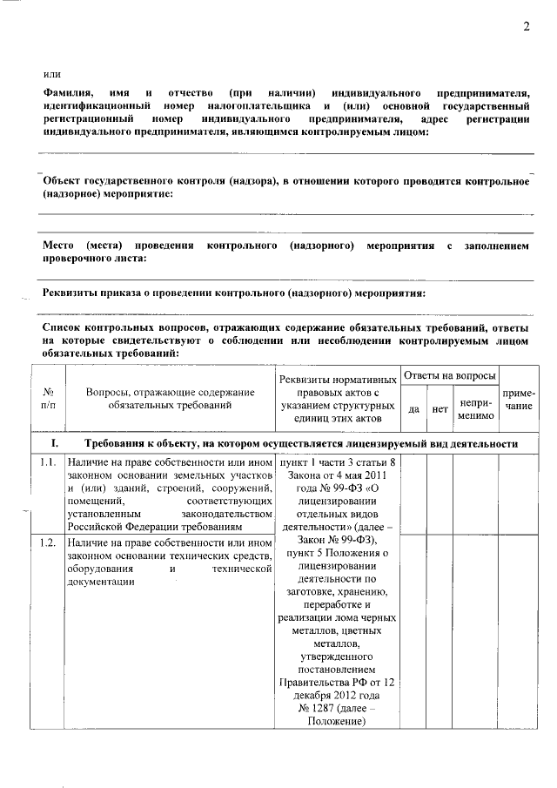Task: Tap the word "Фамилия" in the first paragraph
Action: pos(65,92)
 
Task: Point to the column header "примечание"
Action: pos(519,400)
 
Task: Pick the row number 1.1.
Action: pos(48,461)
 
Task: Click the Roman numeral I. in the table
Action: pos(54,443)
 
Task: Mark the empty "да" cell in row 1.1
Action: pos(414,496)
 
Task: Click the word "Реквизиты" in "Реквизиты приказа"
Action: pos(74,293)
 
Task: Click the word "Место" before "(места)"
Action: pos(59,246)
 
